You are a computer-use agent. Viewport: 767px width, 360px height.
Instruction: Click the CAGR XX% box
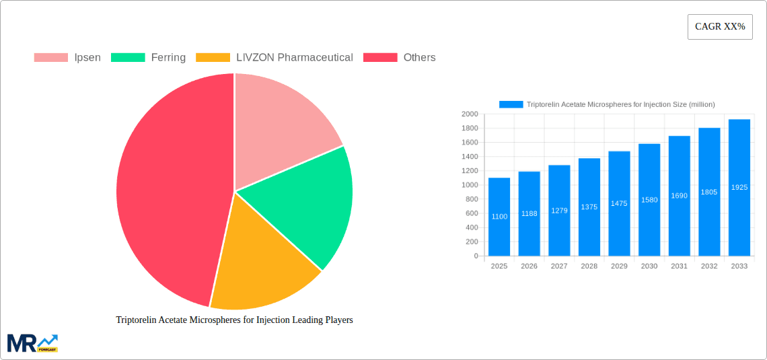(720, 27)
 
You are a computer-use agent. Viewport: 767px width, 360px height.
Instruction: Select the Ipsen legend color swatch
(51, 58)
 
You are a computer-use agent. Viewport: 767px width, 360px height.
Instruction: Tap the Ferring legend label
(168, 58)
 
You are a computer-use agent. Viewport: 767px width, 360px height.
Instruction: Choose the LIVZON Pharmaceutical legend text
(294, 58)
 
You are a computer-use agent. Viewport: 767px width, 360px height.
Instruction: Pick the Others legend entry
(419, 58)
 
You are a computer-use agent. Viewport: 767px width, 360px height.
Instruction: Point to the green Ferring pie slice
(306, 202)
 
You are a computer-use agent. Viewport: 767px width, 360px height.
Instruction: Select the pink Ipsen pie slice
(283, 128)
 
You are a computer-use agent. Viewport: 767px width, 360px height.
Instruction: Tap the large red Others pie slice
(168, 195)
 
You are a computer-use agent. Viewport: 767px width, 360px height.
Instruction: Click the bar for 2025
(499, 217)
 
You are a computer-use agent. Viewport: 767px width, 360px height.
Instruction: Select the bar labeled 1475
(619, 203)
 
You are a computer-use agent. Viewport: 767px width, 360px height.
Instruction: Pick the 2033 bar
(739, 188)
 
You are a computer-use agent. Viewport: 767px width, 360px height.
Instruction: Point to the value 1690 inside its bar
(679, 196)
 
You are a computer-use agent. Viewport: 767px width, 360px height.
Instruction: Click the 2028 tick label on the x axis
(589, 266)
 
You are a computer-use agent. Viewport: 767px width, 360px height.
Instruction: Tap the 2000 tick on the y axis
(469, 114)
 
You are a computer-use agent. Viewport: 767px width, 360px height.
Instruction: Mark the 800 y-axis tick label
(471, 199)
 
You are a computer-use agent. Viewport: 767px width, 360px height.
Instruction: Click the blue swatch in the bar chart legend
(511, 104)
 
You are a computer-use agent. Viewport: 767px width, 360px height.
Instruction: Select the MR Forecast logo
(32, 343)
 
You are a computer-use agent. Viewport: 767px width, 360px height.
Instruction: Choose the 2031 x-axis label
(679, 266)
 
